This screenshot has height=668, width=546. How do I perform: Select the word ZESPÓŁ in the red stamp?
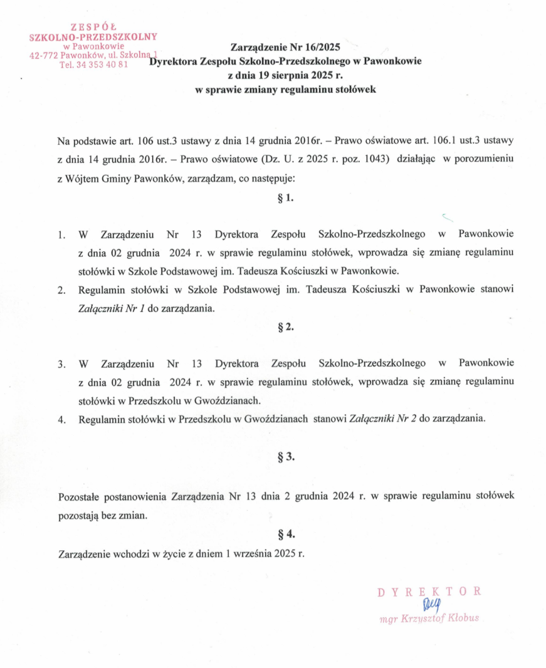(94, 27)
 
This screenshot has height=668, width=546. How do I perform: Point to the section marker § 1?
(285, 199)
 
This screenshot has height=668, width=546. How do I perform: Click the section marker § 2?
(285, 327)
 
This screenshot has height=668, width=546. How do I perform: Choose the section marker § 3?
(285, 457)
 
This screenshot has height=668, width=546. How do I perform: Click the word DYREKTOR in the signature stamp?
(429, 592)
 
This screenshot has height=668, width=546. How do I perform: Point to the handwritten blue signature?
(432, 605)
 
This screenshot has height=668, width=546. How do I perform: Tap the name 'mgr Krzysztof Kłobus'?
(430, 618)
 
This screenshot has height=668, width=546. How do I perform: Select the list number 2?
(61, 291)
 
